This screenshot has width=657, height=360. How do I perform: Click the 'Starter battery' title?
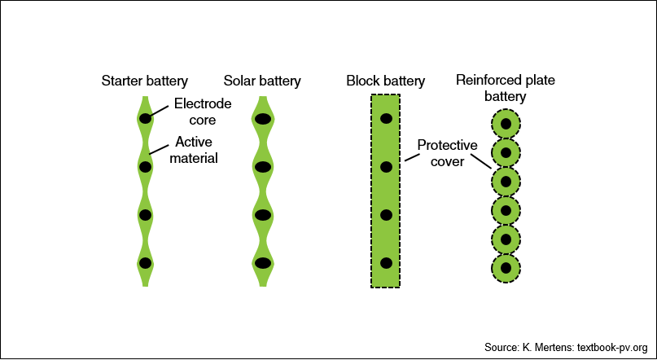[145, 81]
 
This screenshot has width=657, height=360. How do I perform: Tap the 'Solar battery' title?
[262, 81]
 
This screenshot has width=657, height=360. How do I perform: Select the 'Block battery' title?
[385, 81]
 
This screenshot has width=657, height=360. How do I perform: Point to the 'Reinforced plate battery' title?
[506, 88]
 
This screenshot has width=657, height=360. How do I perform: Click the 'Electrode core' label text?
[203, 112]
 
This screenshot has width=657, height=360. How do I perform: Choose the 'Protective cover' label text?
[448, 153]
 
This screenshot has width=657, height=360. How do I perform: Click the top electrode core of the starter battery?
[145, 119]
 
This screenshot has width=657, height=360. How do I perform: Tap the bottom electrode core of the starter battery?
[145, 263]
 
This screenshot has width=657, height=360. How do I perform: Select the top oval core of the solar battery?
[263, 119]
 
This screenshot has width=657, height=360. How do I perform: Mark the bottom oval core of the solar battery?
[263, 263]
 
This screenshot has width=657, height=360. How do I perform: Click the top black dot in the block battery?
[386, 119]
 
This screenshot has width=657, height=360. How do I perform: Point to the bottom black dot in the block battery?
[386, 263]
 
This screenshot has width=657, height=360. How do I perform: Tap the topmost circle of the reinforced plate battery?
[506, 124]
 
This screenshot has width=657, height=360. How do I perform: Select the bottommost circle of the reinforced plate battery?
[506, 268]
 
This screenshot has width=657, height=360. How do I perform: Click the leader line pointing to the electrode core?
[160, 110]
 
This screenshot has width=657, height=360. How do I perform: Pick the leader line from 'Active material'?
[160, 149]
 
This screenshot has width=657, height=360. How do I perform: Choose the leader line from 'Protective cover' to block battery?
[412, 157]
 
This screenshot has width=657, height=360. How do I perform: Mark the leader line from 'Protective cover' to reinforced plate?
[481, 161]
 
